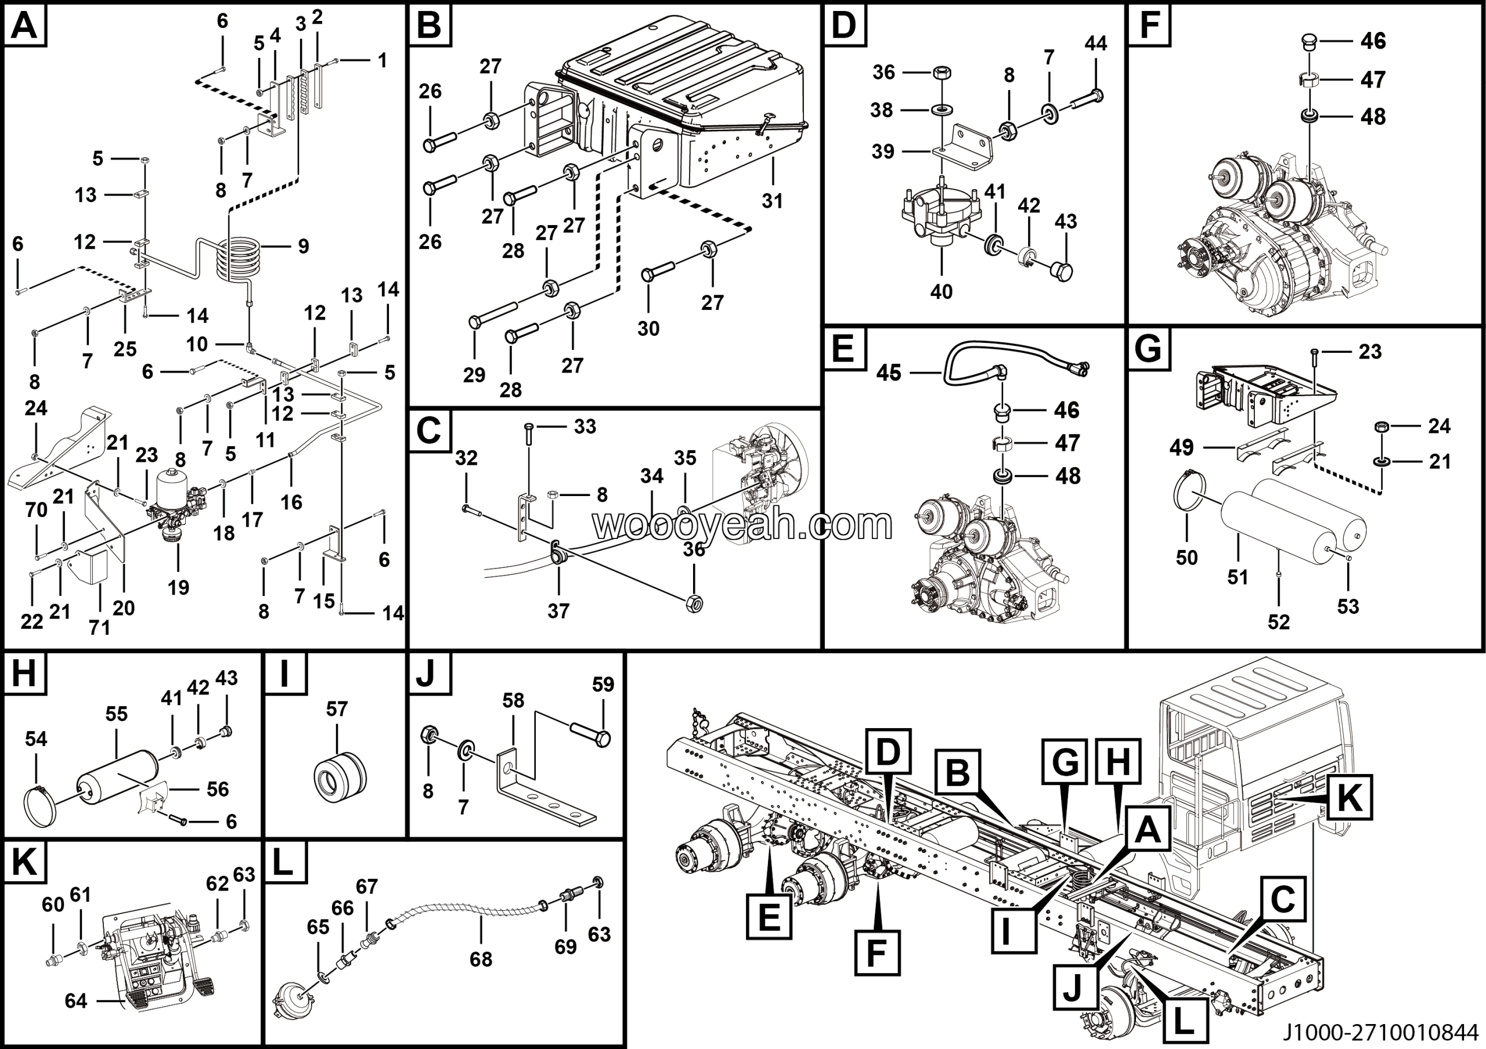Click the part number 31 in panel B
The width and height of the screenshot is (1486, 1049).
coord(771,201)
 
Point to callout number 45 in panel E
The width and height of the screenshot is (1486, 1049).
coord(889,373)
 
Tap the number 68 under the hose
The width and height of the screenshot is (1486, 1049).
coord(481,959)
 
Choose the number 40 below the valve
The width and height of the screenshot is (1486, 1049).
coord(941,292)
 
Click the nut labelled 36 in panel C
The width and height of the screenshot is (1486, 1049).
coord(694,603)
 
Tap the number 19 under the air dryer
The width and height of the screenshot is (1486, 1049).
coord(179,587)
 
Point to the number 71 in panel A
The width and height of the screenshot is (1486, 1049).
coord(99,627)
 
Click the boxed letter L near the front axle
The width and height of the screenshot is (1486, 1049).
coord(1184,1021)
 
